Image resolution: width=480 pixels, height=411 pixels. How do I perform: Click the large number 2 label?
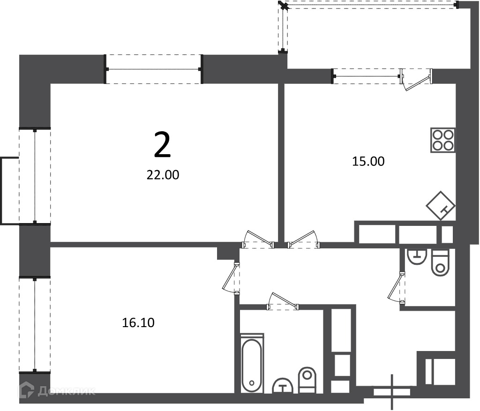162,144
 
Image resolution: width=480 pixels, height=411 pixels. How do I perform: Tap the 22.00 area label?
163,175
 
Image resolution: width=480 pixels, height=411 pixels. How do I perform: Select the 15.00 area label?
368,161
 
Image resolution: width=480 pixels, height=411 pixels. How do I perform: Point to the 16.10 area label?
138,322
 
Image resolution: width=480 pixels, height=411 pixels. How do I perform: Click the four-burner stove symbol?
442,140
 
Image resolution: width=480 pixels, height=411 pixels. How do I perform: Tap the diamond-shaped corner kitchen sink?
441,205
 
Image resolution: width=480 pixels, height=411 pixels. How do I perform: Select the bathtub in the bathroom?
252,364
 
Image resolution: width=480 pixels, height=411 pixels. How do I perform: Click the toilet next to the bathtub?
307,380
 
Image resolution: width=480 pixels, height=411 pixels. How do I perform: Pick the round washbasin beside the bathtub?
283,386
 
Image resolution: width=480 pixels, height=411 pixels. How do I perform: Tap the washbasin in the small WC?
417,257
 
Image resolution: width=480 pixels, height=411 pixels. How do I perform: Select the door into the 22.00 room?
258,239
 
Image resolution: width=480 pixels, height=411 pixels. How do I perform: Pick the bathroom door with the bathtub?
283,301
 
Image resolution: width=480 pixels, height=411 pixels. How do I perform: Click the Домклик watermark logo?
57,390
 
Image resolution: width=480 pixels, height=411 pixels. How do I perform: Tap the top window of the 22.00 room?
153,69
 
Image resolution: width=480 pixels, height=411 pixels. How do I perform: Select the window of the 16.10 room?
35,325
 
